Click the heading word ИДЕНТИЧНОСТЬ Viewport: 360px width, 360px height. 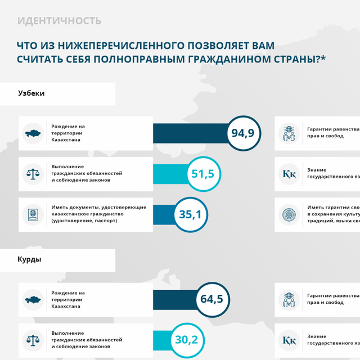pyautogui.click(x=59, y=21)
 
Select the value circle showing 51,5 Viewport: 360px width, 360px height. pyautogui.click(x=202, y=174)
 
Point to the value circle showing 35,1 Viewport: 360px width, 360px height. pyautogui.click(x=190, y=214)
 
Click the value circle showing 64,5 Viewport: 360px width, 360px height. pyautogui.click(x=211, y=299)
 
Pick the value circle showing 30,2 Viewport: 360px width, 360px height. pyautogui.click(x=186, y=340)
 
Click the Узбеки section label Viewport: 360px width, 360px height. pyautogui.click(x=31, y=93)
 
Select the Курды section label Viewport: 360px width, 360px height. pyautogui.click(x=29, y=260)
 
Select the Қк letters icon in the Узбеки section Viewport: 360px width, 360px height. pyautogui.click(x=289, y=174)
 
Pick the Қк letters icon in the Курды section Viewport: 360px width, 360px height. pyautogui.click(x=289, y=340)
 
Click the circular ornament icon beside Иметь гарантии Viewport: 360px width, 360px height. pyautogui.click(x=289, y=214)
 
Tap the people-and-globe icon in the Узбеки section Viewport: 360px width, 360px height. pyautogui.click(x=289, y=133)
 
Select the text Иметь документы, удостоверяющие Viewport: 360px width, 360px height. pyautogui.click(x=98, y=207)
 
